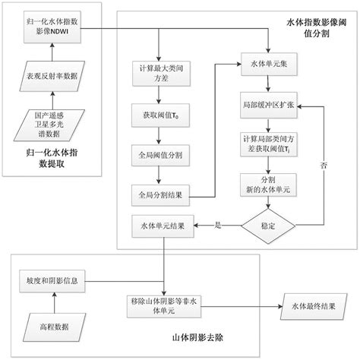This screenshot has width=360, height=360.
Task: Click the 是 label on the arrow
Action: point(219,224)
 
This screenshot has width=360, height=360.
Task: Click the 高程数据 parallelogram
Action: point(54,326)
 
